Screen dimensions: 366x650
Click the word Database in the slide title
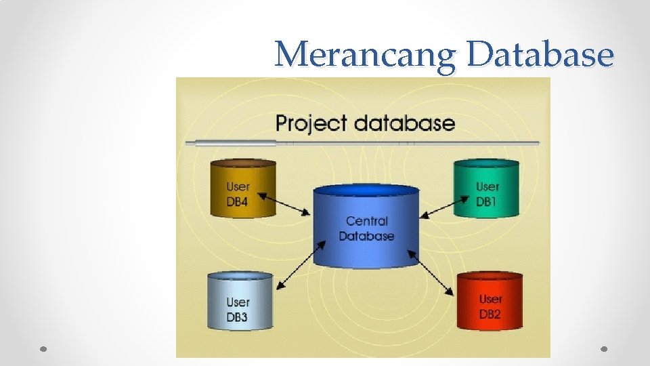click(x=540, y=54)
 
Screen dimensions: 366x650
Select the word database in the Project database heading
click(x=404, y=123)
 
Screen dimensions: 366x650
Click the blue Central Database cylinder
click(x=366, y=227)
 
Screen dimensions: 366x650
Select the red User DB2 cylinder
click(x=490, y=302)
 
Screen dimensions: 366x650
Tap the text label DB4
click(x=238, y=201)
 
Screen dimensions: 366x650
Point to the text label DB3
click(x=237, y=317)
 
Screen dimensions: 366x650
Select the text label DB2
click(x=490, y=314)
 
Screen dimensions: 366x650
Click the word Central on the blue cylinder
click(x=366, y=221)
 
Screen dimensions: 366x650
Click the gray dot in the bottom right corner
click(x=604, y=348)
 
